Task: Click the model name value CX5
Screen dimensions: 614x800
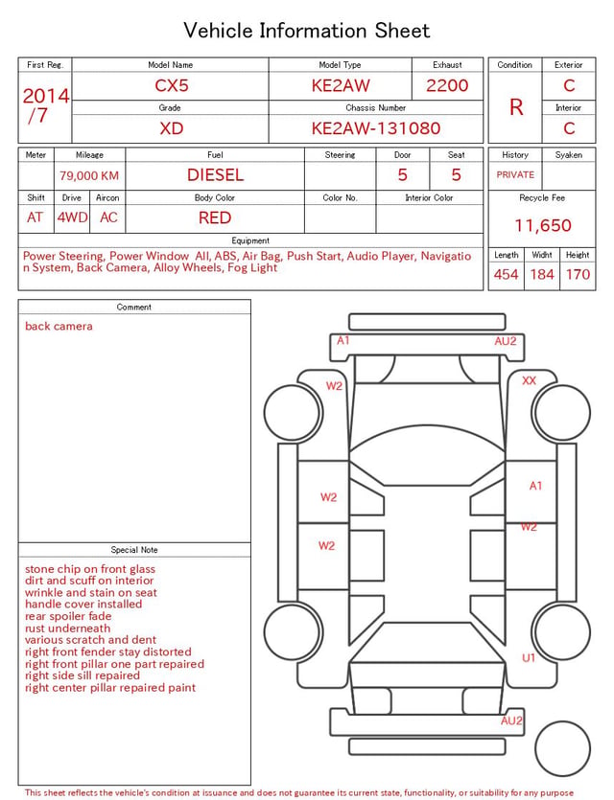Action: [x=172, y=85]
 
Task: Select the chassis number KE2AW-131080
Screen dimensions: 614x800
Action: [x=376, y=128]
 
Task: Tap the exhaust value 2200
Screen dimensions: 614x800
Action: [x=447, y=85]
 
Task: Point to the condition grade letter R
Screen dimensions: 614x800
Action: [x=516, y=107]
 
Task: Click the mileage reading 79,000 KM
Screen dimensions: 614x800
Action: [x=89, y=175]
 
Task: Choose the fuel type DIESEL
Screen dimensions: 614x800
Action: [x=215, y=175]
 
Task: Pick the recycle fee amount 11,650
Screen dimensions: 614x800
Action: [x=542, y=225]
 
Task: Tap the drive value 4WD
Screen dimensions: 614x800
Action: [x=72, y=217]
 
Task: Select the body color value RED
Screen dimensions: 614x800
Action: [x=215, y=217]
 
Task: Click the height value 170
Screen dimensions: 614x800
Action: [x=578, y=274]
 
